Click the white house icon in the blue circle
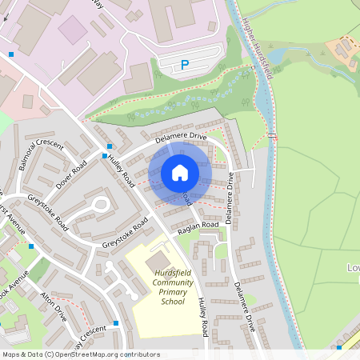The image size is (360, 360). point(180,173)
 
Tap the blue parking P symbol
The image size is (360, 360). point(185,65)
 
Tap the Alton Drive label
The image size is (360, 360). point(54,306)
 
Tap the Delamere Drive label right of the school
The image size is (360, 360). point(245,306)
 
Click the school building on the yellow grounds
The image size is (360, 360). point(158,261)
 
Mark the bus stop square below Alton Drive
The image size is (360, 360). point(116,323)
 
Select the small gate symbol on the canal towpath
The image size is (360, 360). point(274,136)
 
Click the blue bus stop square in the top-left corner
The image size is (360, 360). point(11,54)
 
